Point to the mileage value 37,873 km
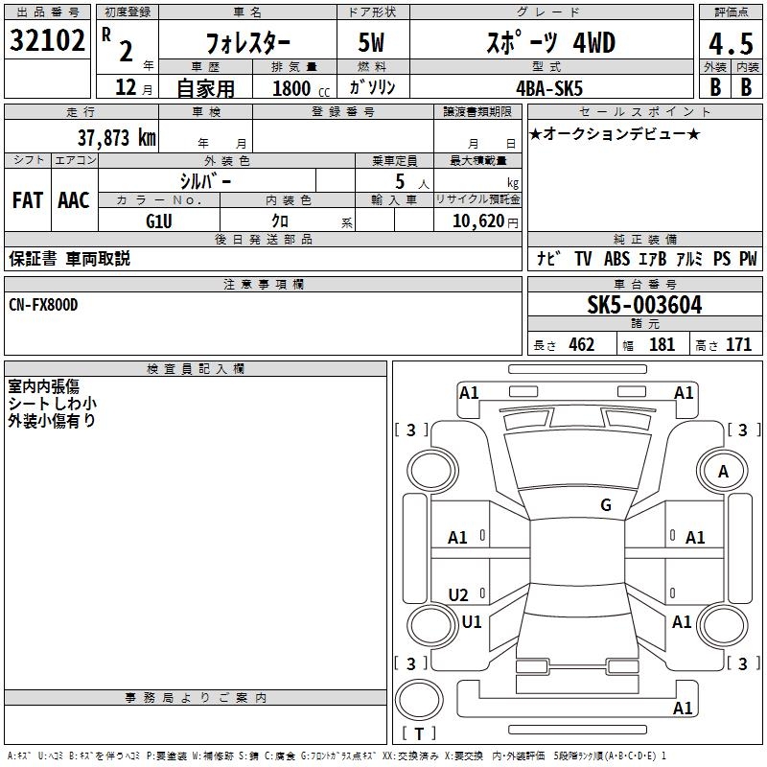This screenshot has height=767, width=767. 115,137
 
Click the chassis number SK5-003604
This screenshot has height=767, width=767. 644,306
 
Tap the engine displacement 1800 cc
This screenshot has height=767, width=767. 297,88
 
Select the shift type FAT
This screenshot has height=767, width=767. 28,199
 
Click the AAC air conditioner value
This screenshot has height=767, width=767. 73,199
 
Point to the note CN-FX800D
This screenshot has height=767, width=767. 43,304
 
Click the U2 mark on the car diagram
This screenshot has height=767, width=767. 458,594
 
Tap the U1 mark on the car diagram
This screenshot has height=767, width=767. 471,622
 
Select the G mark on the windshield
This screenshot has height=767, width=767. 606,505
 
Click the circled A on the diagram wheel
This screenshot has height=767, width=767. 723,472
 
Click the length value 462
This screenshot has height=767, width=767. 581,344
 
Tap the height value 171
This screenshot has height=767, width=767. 738,344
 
